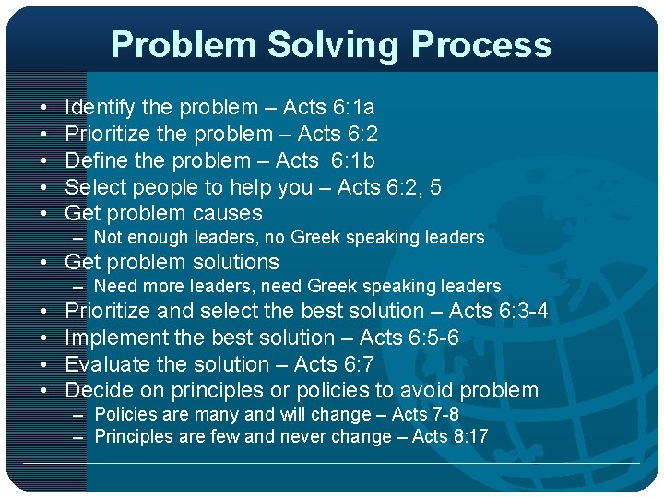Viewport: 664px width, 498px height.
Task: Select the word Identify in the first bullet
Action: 101,108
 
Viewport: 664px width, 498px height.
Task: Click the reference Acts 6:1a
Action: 328,108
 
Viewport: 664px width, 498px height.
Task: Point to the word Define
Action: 96,160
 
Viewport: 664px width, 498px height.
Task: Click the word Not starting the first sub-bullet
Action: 108,238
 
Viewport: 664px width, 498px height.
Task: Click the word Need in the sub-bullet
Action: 114,287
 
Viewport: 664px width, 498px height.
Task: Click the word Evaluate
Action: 106,363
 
